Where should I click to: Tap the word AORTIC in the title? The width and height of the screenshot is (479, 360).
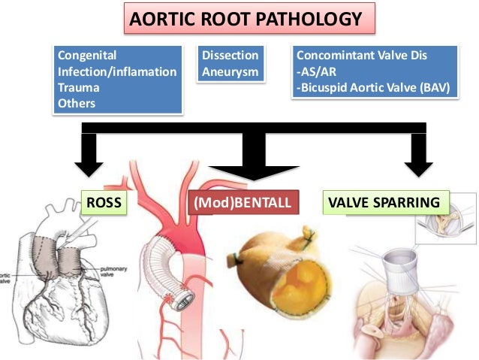pyautogui.click(x=160, y=19)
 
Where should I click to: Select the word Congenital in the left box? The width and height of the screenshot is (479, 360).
pyautogui.click(x=87, y=56)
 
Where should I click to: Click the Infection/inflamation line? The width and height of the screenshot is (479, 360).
pyautogui.click(x=117, y=72)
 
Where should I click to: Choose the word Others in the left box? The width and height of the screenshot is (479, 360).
pyautogui.click(x=77, y=104)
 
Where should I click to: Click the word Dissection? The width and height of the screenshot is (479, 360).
pyautogui.click(x=230, y=56)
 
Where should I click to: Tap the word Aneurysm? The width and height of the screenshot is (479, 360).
pyautogui.click(x=230, y=72)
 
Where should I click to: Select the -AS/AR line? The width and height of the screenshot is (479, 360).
pyautogui.click(x=316, y=72)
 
